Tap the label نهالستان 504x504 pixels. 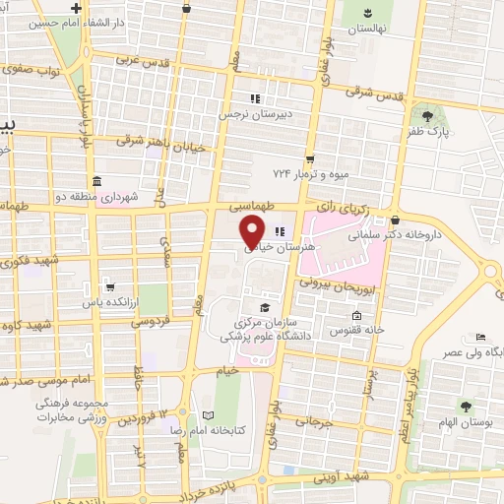(x=367, y=30)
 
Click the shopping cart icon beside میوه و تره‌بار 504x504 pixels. (x=310, y=158)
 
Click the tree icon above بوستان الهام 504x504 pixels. (x=464, y=406)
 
